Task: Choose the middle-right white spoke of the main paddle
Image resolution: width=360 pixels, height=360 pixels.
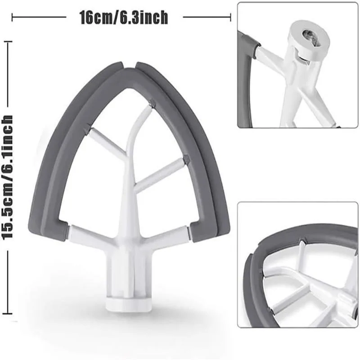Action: (x=160, y=173)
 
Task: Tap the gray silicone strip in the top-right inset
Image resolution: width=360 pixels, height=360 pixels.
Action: (x=247, y=81)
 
